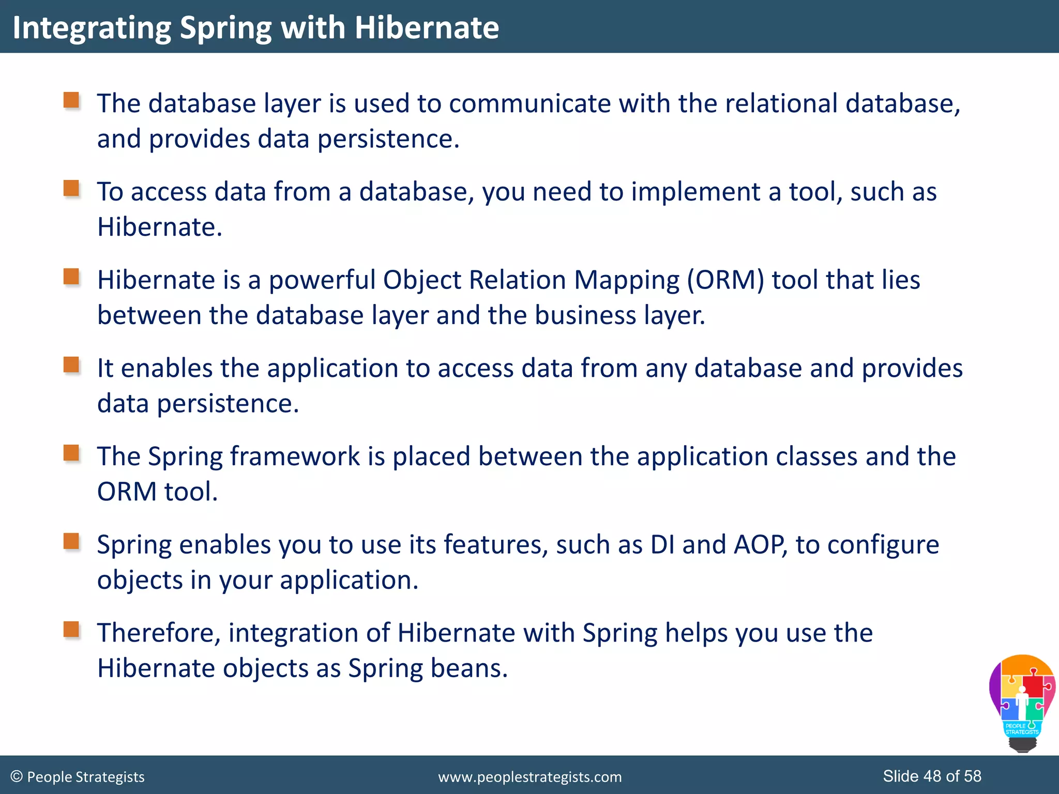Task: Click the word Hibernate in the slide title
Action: point(427,27)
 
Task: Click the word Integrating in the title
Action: point(92,28)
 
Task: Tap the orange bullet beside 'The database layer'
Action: point(71,100)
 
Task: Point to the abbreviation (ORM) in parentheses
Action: point(725,281)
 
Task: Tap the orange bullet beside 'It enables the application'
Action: point(71,365)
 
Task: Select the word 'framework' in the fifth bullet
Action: point(295,457)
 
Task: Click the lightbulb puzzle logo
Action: point(1022,703)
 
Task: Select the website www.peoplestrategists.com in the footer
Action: point(529,777)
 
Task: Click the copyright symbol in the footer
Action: point(17,776)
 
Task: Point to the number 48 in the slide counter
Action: point(932,776)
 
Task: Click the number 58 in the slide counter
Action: point(973,776)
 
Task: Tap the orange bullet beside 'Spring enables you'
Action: point(71,542)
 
